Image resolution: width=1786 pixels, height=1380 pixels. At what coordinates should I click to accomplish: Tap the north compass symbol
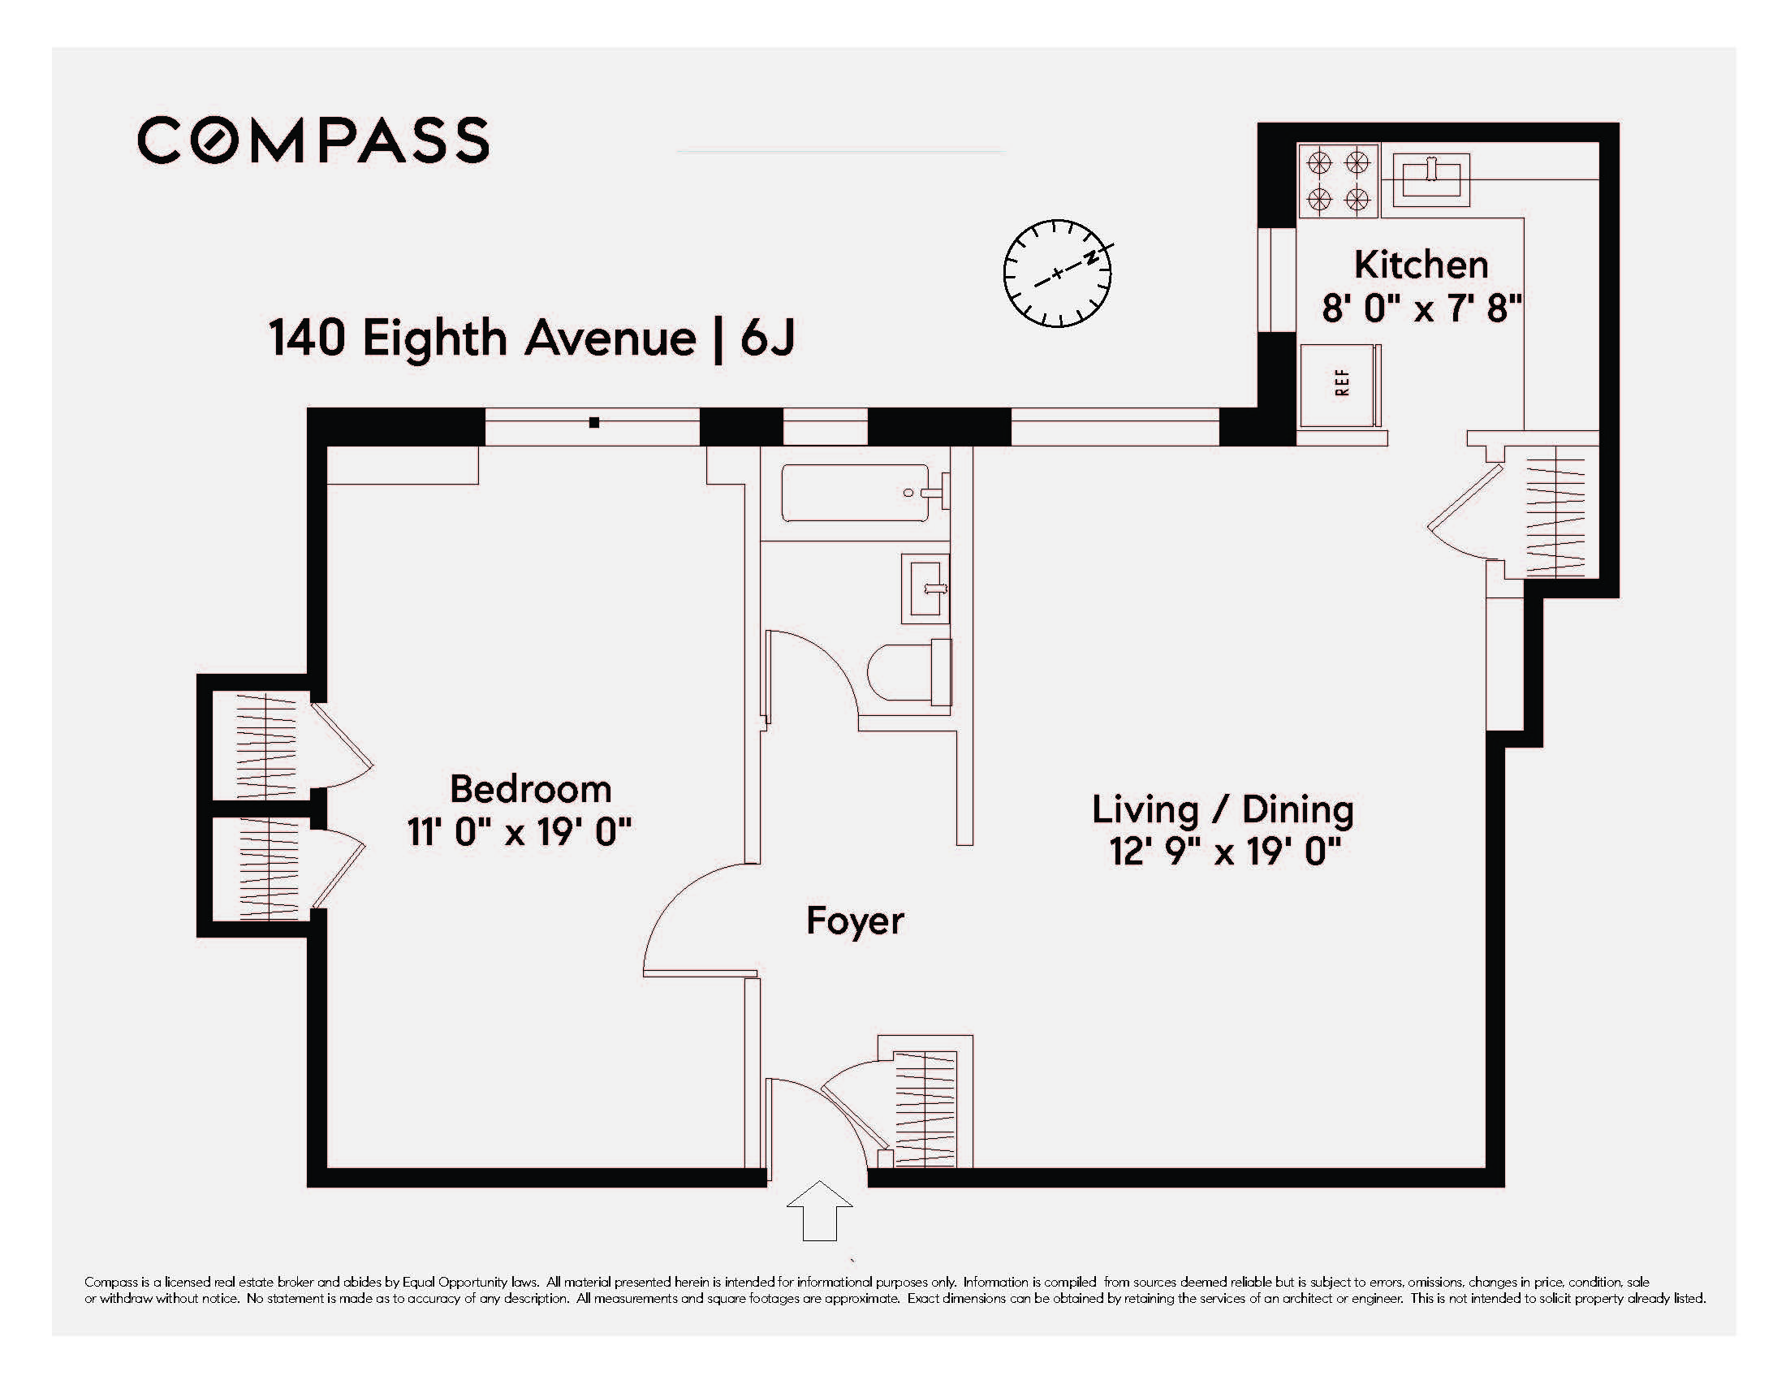pos(1057,273)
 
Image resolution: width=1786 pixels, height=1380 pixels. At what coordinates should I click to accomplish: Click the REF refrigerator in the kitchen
pos(1339,384)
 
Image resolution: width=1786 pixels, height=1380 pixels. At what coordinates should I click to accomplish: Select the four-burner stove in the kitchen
pos(1338,181)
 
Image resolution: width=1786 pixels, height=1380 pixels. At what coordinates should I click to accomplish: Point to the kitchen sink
pos(1430,180)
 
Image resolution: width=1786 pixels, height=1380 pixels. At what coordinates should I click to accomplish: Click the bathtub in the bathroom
pos(856,493)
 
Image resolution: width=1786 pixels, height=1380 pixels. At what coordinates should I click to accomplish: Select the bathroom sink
pos(925,589)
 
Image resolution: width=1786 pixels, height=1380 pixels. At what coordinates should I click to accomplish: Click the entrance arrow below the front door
pos(818,1210)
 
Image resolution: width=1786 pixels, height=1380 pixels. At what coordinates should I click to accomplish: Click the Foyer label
pos(855,921)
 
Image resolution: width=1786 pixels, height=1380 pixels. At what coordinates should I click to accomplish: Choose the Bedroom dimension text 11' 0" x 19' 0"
pos(520,833)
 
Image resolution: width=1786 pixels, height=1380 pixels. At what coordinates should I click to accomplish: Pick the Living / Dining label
pos(1223,809)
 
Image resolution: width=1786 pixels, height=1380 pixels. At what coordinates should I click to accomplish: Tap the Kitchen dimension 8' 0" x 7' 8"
pos(1421,309)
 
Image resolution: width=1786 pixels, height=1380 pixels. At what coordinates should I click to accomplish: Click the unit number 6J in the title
pos(767,338)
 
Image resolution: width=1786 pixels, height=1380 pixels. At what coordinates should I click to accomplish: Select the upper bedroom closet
pos(261,745)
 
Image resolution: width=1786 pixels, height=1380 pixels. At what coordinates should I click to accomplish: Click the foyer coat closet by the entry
pos(925,1108)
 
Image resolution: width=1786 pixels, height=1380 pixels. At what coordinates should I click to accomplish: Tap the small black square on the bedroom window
pos(594,423)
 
